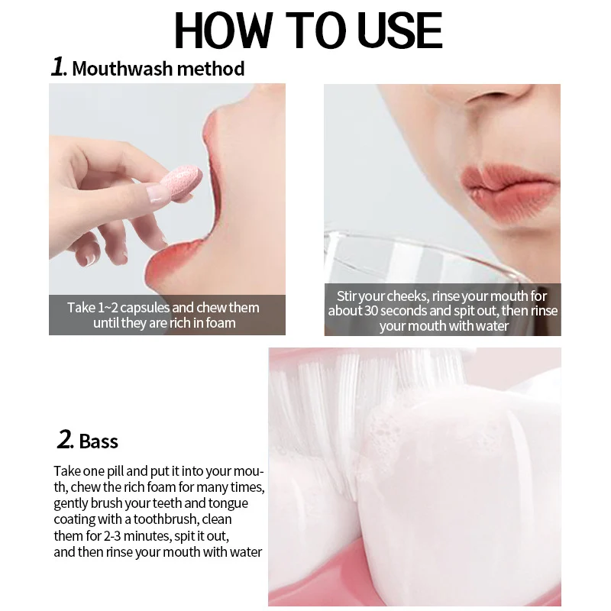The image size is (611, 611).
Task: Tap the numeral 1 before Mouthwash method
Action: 58,66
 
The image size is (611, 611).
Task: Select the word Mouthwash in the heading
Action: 122,69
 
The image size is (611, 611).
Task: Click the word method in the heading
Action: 211,69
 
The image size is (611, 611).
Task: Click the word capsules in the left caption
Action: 144,308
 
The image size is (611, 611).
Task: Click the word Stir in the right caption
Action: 347,296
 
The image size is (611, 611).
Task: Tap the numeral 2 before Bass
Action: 64,439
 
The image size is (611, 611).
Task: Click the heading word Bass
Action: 99,441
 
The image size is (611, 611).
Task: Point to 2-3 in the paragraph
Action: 112,536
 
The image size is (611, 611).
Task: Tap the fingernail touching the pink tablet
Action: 156,194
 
